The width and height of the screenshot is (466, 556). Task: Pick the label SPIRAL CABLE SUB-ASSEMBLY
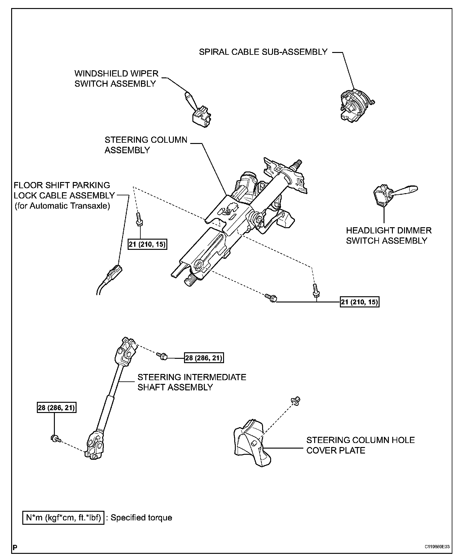[263, 52]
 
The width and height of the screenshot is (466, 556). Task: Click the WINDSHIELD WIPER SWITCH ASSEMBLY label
[116, 79]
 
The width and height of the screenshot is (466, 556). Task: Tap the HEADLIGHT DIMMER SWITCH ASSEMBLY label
[389, 236]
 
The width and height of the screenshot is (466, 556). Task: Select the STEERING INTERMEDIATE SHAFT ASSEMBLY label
[191, 382]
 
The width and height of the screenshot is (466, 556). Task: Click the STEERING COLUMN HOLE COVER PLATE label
[360, 445]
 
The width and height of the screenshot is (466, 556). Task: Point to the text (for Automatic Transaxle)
[62, 206]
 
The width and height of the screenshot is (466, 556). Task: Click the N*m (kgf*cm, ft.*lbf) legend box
[63, 518]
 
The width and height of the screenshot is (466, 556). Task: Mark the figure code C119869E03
[437, 547]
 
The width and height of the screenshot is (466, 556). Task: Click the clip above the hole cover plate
[296, 401]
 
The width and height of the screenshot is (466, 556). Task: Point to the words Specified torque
[141, 518]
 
